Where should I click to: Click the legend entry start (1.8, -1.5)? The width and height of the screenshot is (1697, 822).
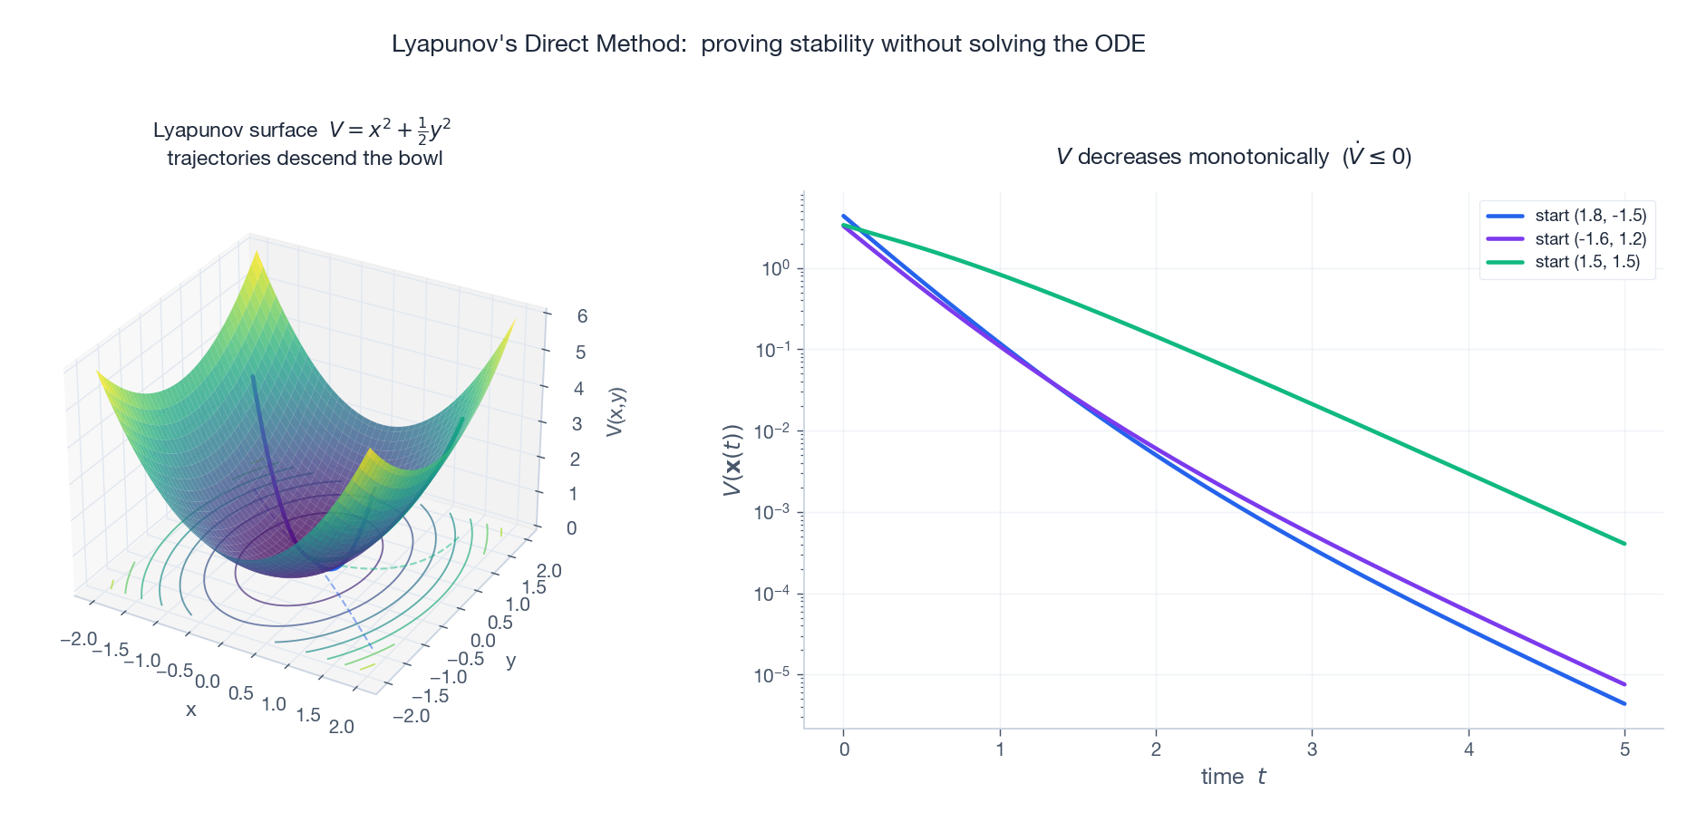[1590, 216]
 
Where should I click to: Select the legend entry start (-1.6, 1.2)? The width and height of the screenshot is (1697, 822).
[1590, 239]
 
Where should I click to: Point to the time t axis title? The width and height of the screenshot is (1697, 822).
[1233, 777]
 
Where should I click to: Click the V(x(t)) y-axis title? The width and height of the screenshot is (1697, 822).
[732, 460]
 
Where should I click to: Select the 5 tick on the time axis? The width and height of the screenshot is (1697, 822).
[1624, 749]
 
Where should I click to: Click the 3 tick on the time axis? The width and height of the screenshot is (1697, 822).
[1312, 749]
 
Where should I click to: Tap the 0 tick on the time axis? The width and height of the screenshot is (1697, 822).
[844, 749]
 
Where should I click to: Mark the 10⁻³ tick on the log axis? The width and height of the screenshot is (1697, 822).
[772, 513]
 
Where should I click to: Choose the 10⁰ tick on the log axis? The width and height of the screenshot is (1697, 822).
[775, 268]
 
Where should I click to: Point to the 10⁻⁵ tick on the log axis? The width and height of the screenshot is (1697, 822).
[772, 675]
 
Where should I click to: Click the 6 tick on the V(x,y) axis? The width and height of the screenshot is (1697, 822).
[582, 316]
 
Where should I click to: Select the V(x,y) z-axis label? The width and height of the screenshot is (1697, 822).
[616, 412]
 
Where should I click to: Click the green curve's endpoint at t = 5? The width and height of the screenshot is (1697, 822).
[1624, 544]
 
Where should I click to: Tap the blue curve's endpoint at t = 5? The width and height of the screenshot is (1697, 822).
[1624, 703]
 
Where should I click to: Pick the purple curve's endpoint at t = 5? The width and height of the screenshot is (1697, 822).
[1624, 684]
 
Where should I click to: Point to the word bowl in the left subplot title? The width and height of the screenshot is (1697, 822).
[422, 159]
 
